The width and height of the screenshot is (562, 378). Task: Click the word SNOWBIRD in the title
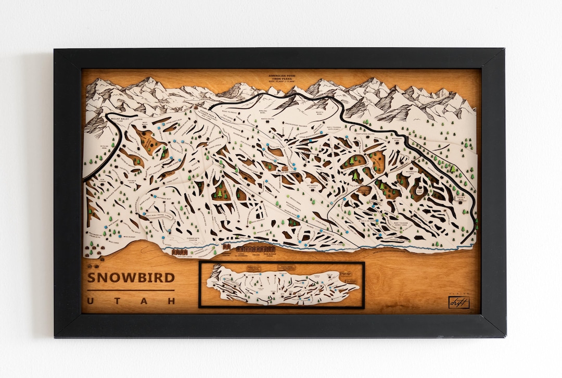pos(131,278)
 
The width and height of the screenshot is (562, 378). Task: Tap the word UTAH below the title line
pos(131,301)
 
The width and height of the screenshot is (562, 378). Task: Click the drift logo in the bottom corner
pos(459,302)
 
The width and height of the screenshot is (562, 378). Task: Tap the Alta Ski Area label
pos(98,148)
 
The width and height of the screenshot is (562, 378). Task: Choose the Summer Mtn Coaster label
pos(193,239)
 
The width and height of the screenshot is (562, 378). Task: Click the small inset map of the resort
pos(282,285)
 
